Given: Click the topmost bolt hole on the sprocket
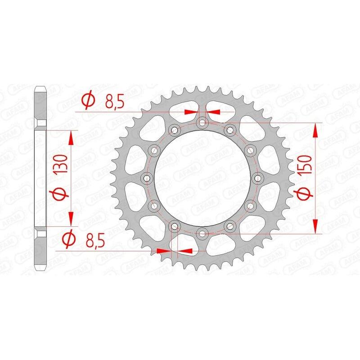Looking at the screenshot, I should pyautogui.click(x=202, y=122).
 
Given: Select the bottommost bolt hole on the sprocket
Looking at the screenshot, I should pyautogui.click(x=202, y=233).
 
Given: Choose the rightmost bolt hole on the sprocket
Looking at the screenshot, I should pyautogui.click(x=258, y=178).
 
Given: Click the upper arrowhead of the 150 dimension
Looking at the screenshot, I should pyautogui.click(x=315, y=131).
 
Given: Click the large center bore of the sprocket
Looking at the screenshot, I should pyautogui.click(x=202, y=178).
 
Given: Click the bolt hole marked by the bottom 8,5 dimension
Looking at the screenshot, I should pyautogui.click(x=175, y=225).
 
